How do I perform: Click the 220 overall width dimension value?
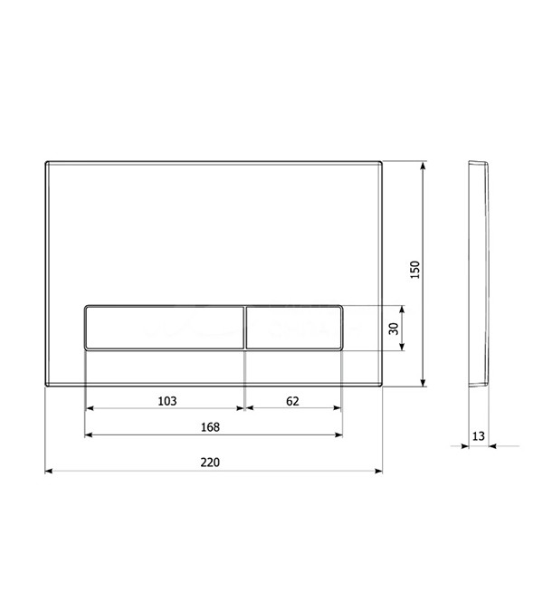210,463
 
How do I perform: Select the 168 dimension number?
210,427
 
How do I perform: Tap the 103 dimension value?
167,401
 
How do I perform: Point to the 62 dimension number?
292,401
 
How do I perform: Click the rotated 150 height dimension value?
415,269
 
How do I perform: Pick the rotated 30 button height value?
394,329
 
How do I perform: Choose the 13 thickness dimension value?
479,435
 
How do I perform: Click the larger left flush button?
165,328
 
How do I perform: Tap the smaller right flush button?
294,328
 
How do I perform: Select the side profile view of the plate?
479,274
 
